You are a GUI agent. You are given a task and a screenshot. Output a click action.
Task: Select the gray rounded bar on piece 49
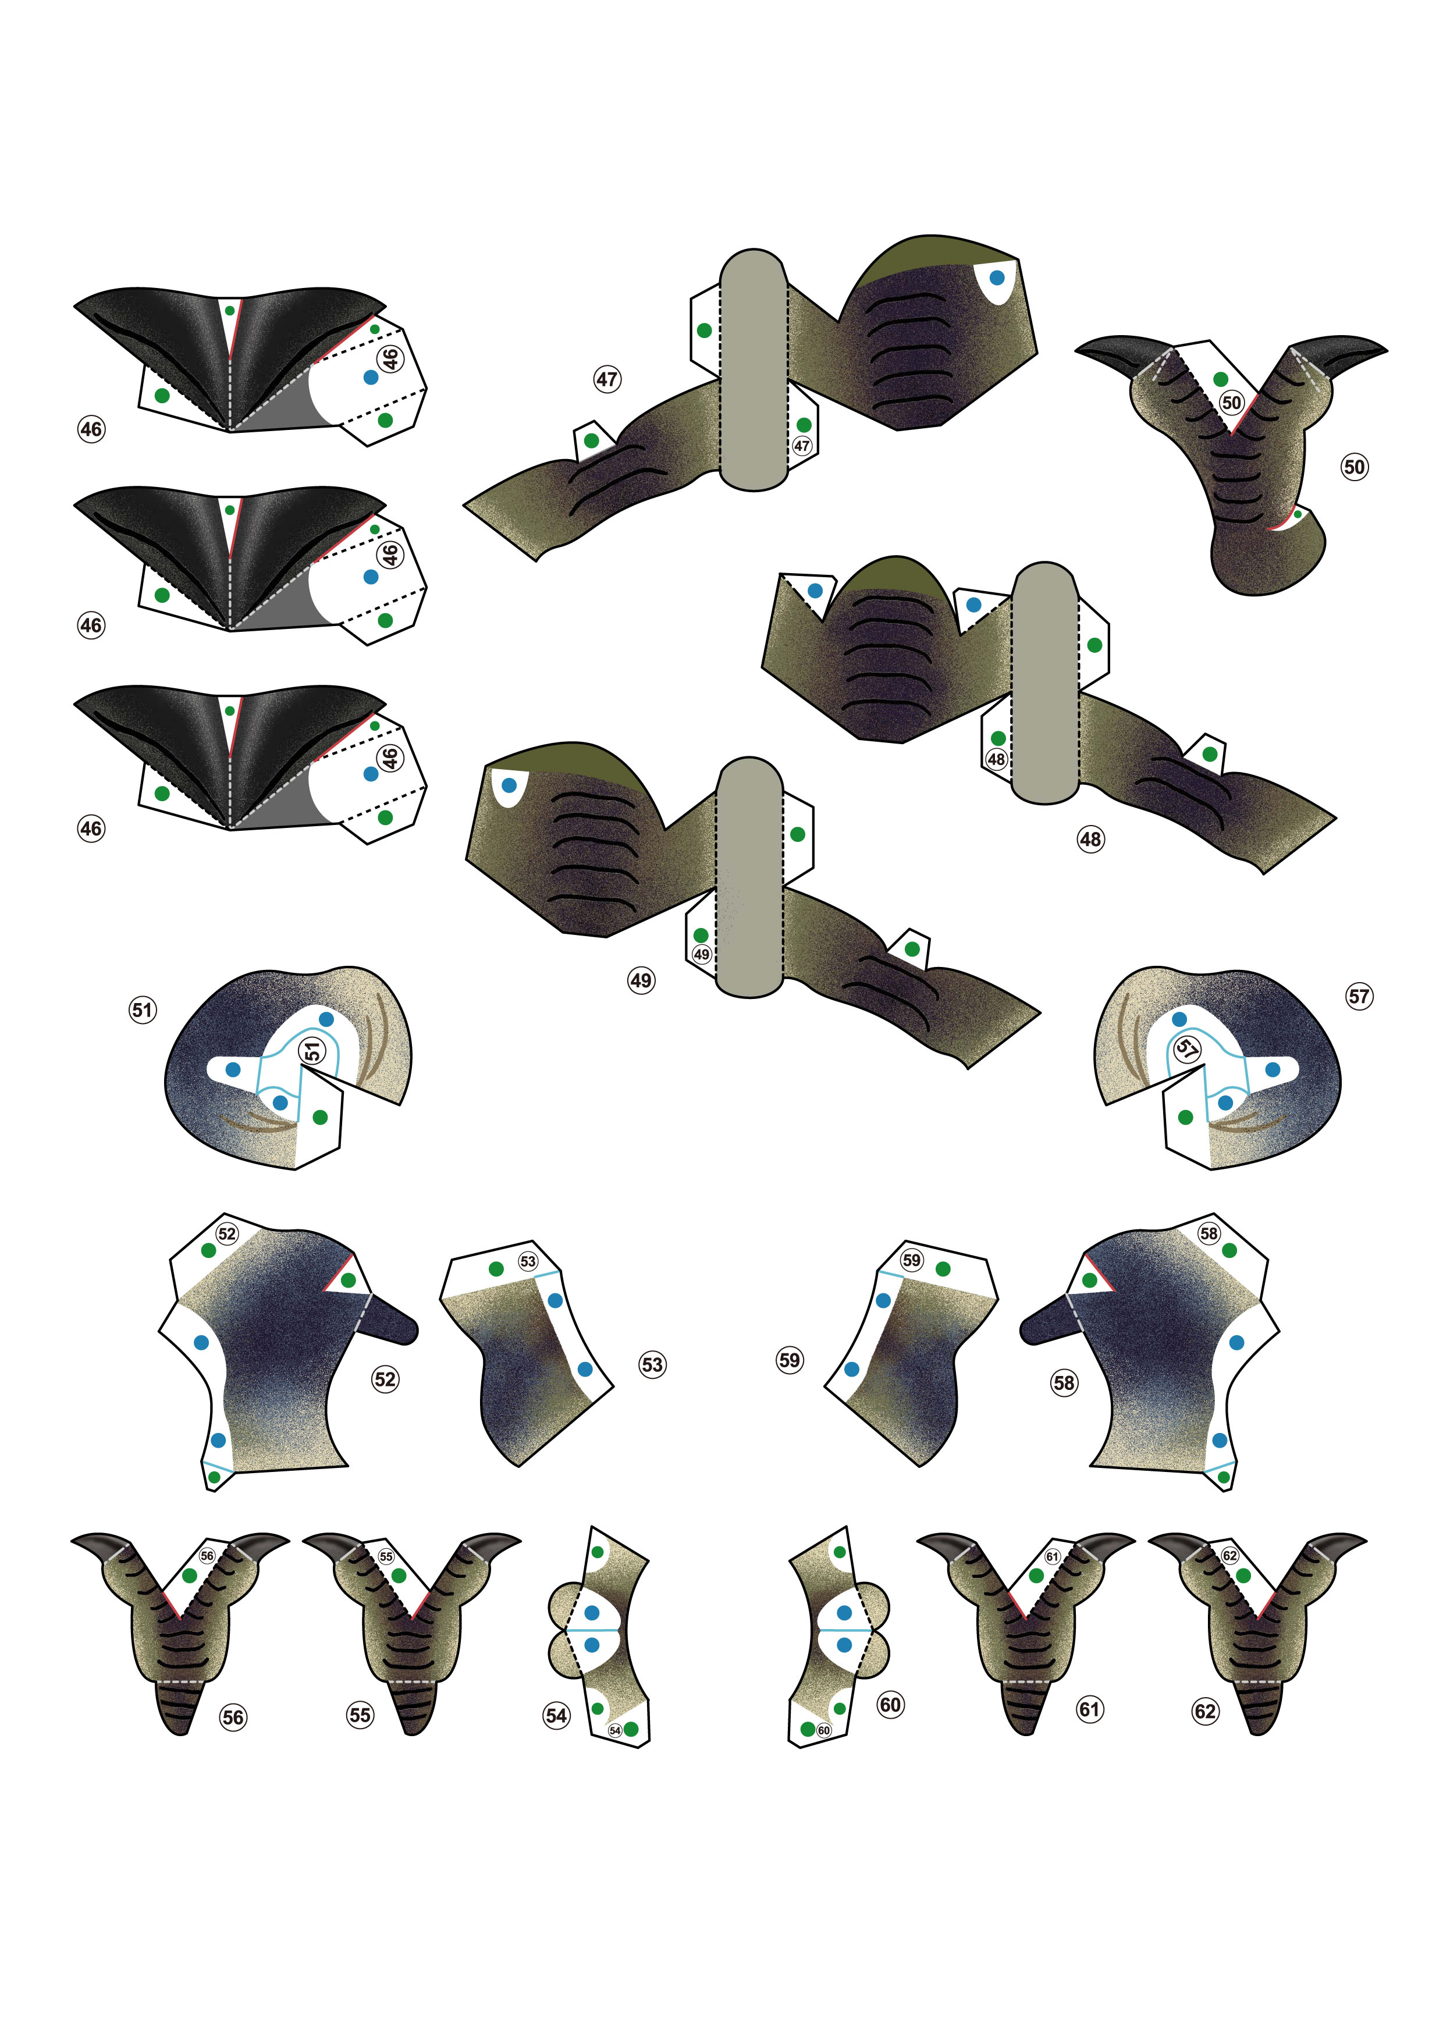[751, 877]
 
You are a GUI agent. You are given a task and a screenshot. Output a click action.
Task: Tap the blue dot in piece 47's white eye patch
[997, 278]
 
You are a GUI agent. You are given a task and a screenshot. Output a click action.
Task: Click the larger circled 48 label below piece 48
[1090, 838]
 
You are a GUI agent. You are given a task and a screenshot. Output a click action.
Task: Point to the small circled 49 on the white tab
[702, 954]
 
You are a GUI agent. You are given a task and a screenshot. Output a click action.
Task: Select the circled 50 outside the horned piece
[1354, 467]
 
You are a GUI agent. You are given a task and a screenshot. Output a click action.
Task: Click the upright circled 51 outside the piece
[142, 1010]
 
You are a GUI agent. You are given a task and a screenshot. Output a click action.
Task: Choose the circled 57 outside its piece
[1359, 995]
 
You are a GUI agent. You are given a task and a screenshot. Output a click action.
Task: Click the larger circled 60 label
[890, 1704]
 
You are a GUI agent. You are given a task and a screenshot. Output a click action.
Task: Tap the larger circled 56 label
[233, 1718]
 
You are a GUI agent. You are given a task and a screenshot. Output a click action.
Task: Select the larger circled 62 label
[1204, 1711]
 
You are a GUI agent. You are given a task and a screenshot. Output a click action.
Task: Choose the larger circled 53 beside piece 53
[652, 1364]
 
